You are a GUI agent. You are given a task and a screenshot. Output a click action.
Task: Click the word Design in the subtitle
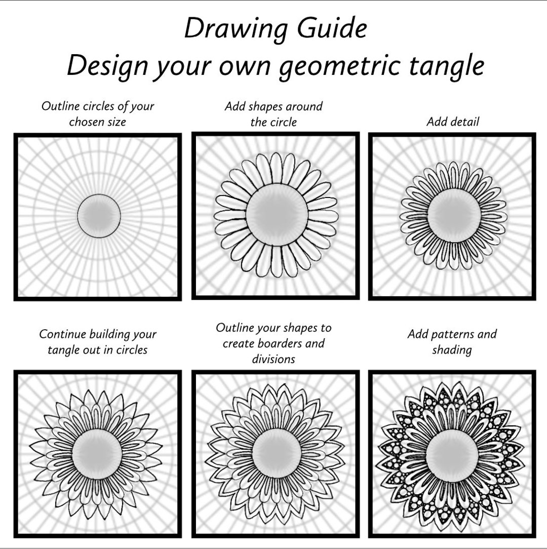point(107,66)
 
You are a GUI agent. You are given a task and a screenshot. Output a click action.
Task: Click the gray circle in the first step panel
point(99,216)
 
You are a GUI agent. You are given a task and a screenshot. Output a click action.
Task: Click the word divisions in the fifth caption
point(273,359)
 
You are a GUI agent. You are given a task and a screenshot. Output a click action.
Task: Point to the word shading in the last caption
point(452,350)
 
